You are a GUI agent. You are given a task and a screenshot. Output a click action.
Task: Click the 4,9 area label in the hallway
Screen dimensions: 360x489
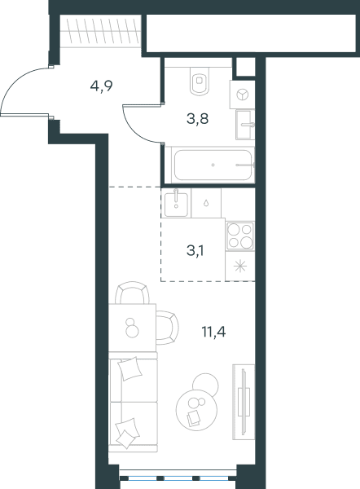101,86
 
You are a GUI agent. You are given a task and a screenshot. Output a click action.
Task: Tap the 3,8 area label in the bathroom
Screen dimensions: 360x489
197,119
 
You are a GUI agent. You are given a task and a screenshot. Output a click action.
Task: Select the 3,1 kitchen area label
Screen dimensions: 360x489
195,250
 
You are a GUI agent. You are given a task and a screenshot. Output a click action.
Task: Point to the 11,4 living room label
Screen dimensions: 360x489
213,332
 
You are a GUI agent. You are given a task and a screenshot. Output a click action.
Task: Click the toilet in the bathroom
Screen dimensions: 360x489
200,81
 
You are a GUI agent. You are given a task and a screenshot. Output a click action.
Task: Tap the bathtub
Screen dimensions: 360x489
213,165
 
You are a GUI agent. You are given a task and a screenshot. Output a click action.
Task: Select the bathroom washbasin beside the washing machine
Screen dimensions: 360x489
245,125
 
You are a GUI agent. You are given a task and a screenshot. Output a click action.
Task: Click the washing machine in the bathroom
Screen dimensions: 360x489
242,95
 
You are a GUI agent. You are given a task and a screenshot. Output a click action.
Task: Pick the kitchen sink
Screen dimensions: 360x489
176,203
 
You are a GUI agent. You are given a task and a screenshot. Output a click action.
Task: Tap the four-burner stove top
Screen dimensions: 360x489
240,236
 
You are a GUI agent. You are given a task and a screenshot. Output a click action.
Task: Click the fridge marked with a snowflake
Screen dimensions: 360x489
240,266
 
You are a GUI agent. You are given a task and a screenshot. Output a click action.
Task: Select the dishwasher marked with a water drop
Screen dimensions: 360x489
206,203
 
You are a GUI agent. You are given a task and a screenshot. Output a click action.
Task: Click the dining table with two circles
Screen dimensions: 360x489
132,328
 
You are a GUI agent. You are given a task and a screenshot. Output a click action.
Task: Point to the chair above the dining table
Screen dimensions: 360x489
132,293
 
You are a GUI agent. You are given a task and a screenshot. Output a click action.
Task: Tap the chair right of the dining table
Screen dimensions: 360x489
168,328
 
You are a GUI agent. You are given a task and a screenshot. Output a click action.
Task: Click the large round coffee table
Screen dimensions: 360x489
196,410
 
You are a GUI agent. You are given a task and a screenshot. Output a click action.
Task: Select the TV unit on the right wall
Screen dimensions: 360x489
244,402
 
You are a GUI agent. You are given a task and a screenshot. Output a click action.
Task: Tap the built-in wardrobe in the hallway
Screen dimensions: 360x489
99,31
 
